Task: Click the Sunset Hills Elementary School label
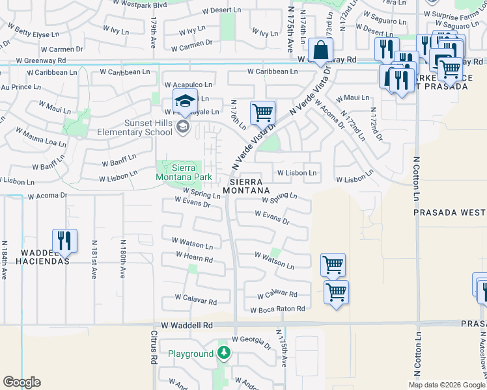[130, 127]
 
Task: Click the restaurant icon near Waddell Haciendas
[64, 240]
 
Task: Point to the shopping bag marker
[321, 49]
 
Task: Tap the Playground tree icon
[224, 354]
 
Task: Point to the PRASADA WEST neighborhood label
[450, 213]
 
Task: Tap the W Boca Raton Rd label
[277, 309]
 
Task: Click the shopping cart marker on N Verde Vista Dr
[262, 112]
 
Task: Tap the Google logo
[21, 382]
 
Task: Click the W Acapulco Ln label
[188, 84]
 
